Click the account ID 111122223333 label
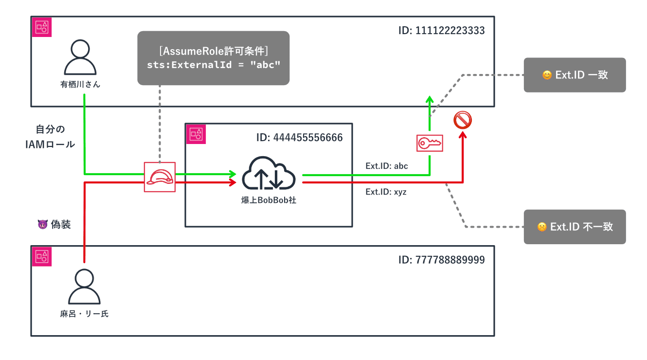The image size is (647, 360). pyautogui.click(x=441, y=31)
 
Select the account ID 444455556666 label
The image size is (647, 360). pyautogui.click(x=299, y=138)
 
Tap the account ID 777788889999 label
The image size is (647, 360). pyautogui.click(x=441, y=260)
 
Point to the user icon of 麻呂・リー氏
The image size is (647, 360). pyautogui.click(x=84, y=287)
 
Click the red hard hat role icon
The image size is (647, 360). pyautogui.click(x=160, y=177)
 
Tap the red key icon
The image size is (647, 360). pyautogui.click(x=430, y=143)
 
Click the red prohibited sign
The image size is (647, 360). pyautogui.click(x=463, y=120)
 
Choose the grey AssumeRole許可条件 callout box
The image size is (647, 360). pyautogui.click(x=213, y=58)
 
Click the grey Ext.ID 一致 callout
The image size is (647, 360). pyautogui.click(x=575, y=75)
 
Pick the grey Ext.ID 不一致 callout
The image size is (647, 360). pyautogui.click(x=575, y=227)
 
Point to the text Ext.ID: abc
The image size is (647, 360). pyautogui.click(x=387, y=166)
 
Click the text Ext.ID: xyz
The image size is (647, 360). pyautogui.click(x=386, y=192)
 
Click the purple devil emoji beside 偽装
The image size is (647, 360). pyautogui.click(x=42, y=224)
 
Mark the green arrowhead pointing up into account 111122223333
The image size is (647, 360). pyautogui.click(x=430, y=99)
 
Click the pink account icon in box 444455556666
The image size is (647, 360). pyautogui.click(x=197, y=134)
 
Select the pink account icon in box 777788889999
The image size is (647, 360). pyautogui.click(x=41, y=256)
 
